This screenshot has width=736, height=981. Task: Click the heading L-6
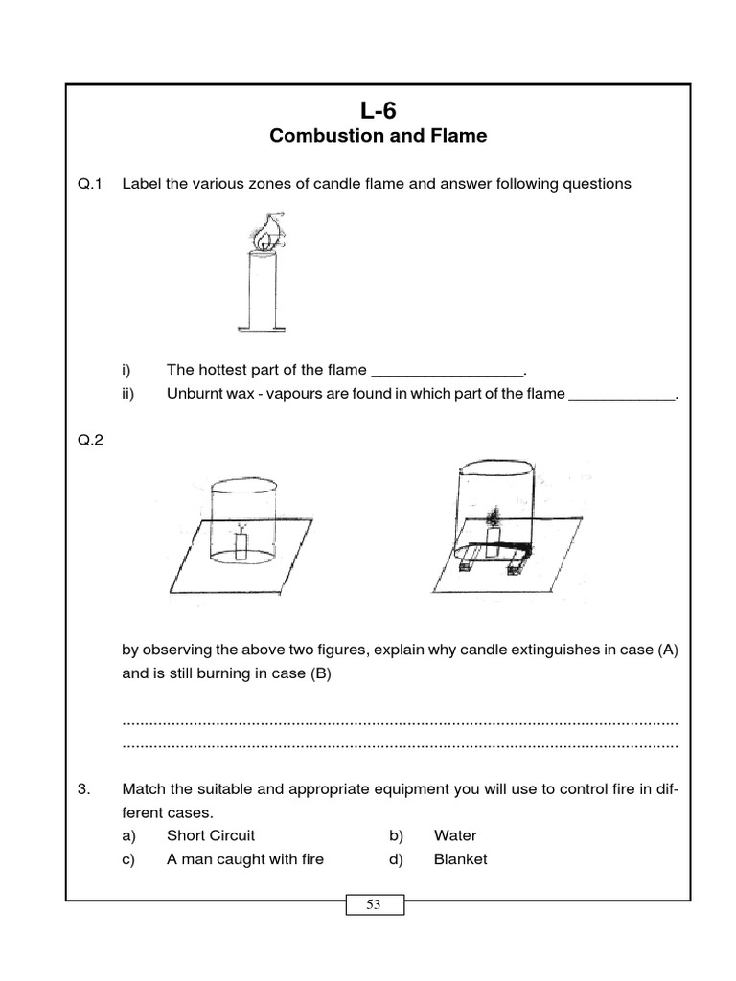378,110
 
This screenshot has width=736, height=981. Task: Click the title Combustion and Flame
378,136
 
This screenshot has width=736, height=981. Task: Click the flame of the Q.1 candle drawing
263,234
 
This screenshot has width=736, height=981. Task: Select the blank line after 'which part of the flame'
622,395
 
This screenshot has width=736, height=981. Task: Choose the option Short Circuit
210,835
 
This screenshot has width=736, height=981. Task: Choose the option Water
455,835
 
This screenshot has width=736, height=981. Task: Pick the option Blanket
460,859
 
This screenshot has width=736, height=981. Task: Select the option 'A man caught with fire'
244,859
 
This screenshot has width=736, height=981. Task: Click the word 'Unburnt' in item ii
195,394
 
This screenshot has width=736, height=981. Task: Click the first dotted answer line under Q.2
400,721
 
